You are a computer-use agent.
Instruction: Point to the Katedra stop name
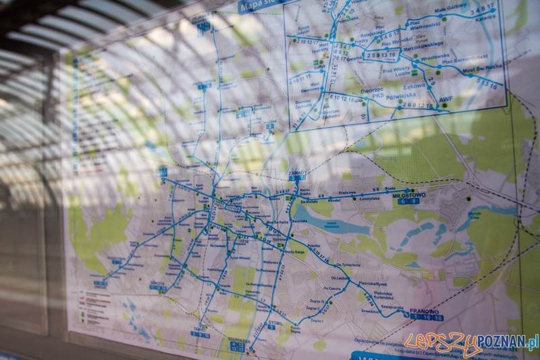tap(485, 18)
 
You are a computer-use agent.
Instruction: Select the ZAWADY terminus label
tap(297, 172)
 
